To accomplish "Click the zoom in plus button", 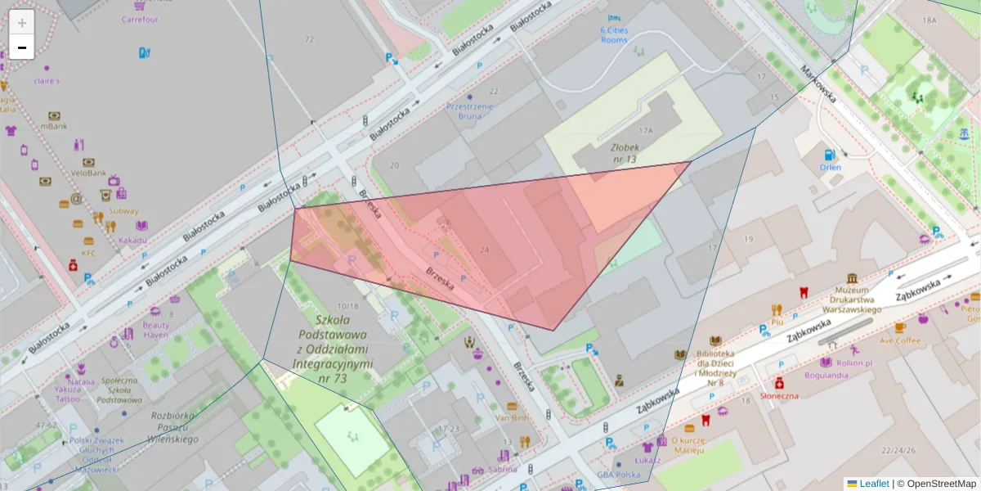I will pos(22,23).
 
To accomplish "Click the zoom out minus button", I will pos(22,47).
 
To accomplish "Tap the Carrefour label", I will pos(140,19).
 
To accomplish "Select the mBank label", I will pos(54,126).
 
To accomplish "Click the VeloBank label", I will pos(88,173).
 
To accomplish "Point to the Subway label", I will pos(124,210).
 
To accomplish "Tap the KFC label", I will pos(88,252).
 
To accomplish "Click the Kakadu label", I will pos(132,240).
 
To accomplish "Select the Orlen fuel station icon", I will pos(829,154).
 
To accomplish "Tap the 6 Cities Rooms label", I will pos(614,34).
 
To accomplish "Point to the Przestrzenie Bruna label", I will pos(469,110).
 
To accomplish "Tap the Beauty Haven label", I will pos(155,329).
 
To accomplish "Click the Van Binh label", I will pos(513,417).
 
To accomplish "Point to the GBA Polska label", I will pos(618,475).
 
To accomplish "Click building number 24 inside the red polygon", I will pos(484,250).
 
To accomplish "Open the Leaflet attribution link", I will pos(873,484).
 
